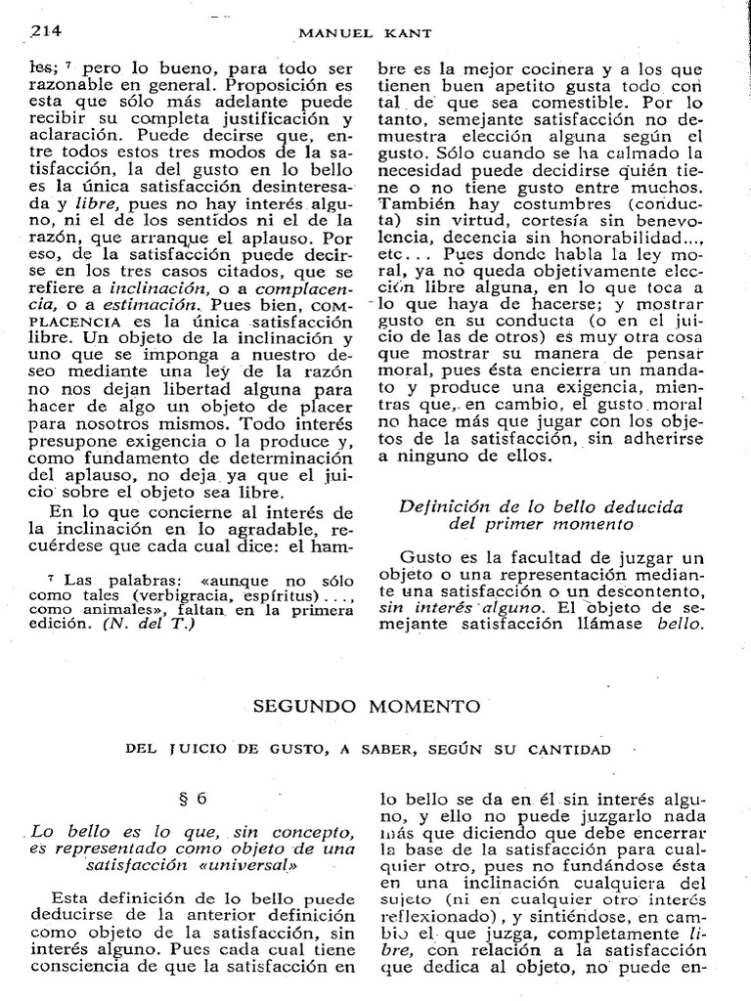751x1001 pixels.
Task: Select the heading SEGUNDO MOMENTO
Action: pos(375,705)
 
